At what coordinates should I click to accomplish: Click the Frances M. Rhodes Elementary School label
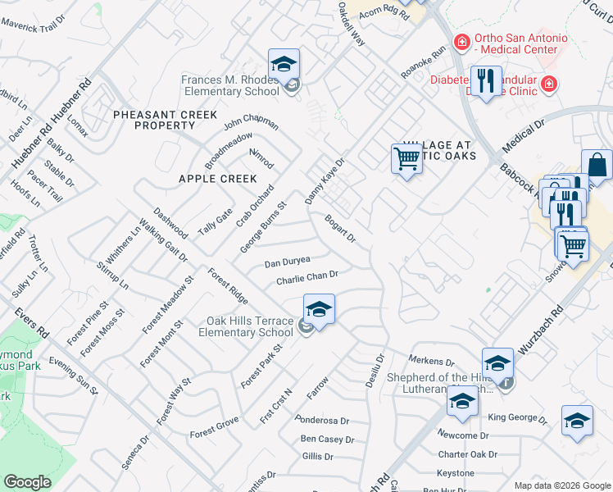click(232, 85)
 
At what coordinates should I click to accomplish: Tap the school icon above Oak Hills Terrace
click(319, 309)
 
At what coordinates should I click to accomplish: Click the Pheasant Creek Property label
click(154, 120)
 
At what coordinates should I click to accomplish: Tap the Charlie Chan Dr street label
click(307, 278)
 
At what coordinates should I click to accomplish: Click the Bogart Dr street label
click(340, 228)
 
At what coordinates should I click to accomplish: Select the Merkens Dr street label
click(432, 361)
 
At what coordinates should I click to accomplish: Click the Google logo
click(27, 481)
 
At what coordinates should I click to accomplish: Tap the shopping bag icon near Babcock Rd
click(597, 164)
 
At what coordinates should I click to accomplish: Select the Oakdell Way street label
click(350, 24)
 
